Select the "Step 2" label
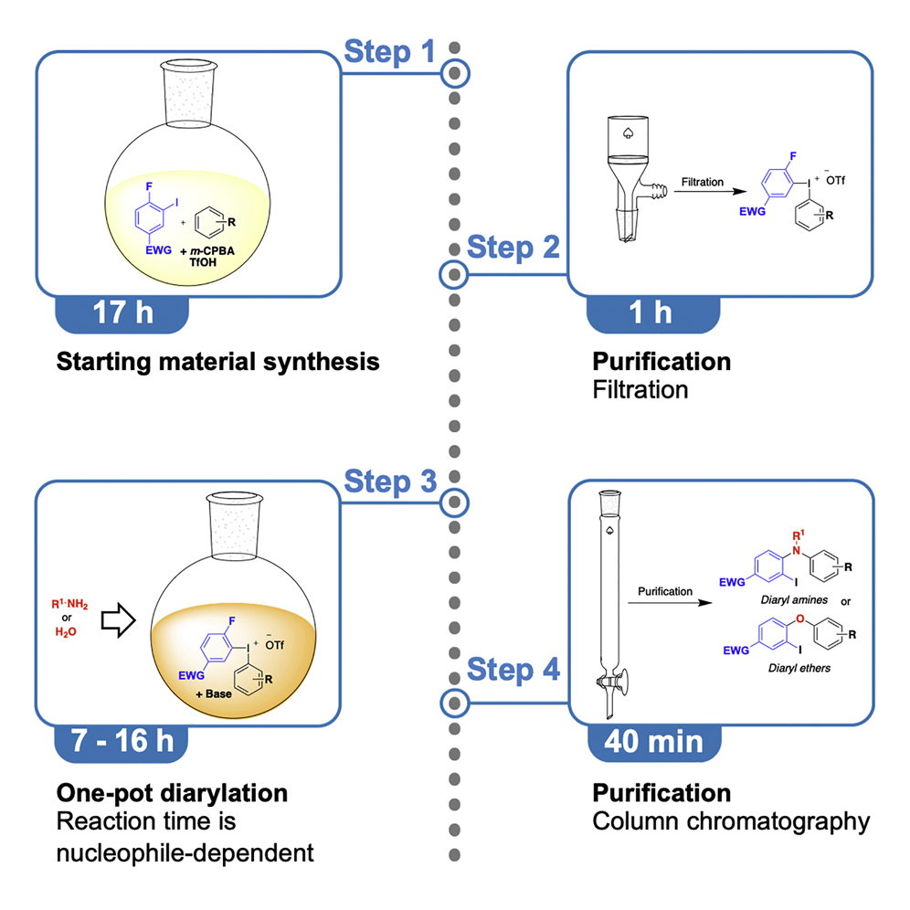click(513, 248)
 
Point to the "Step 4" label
click(513, 671)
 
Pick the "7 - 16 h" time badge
click(122, 741)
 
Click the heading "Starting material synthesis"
click(217, 362)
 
